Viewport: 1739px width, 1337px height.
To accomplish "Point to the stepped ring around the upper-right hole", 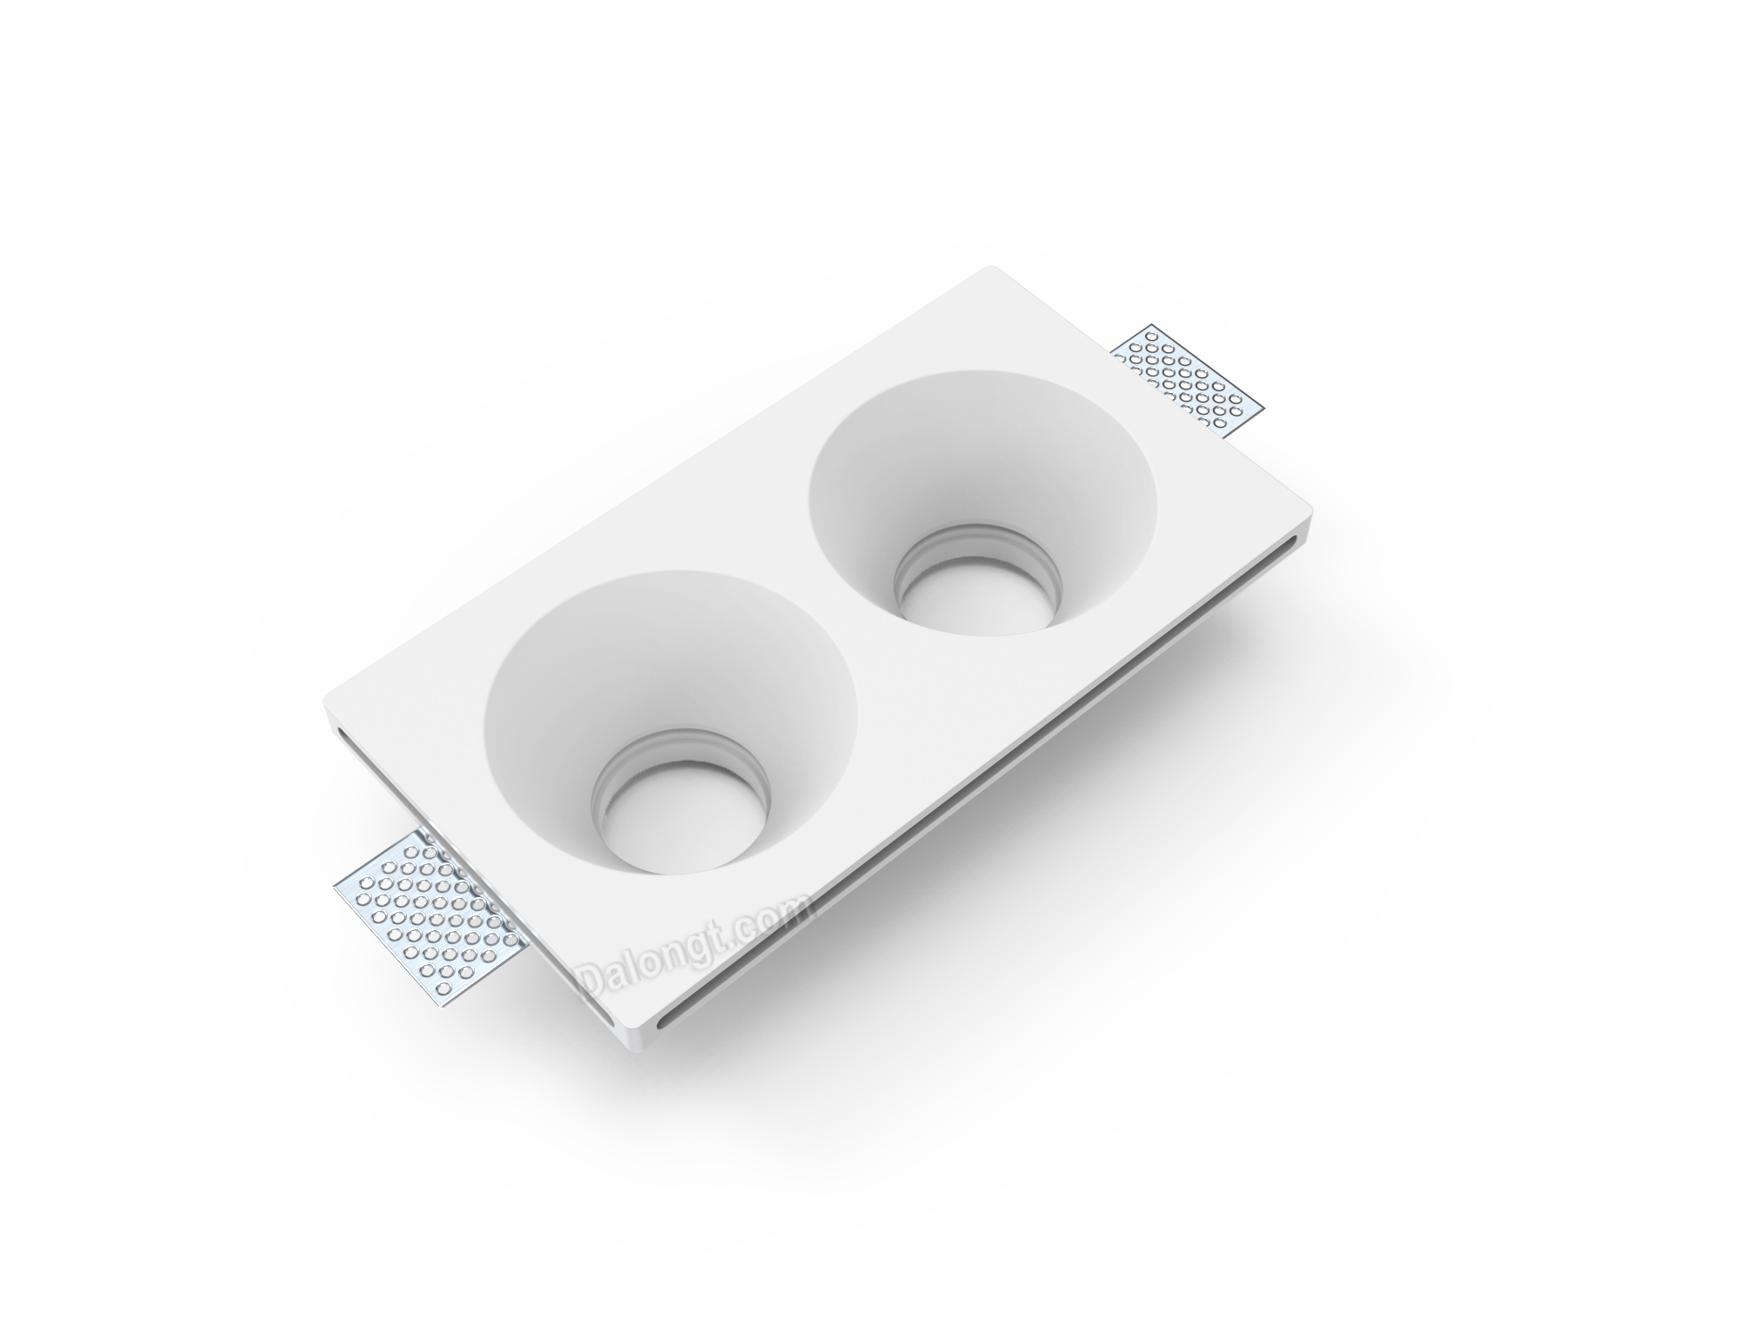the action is [x=979, y=548].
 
